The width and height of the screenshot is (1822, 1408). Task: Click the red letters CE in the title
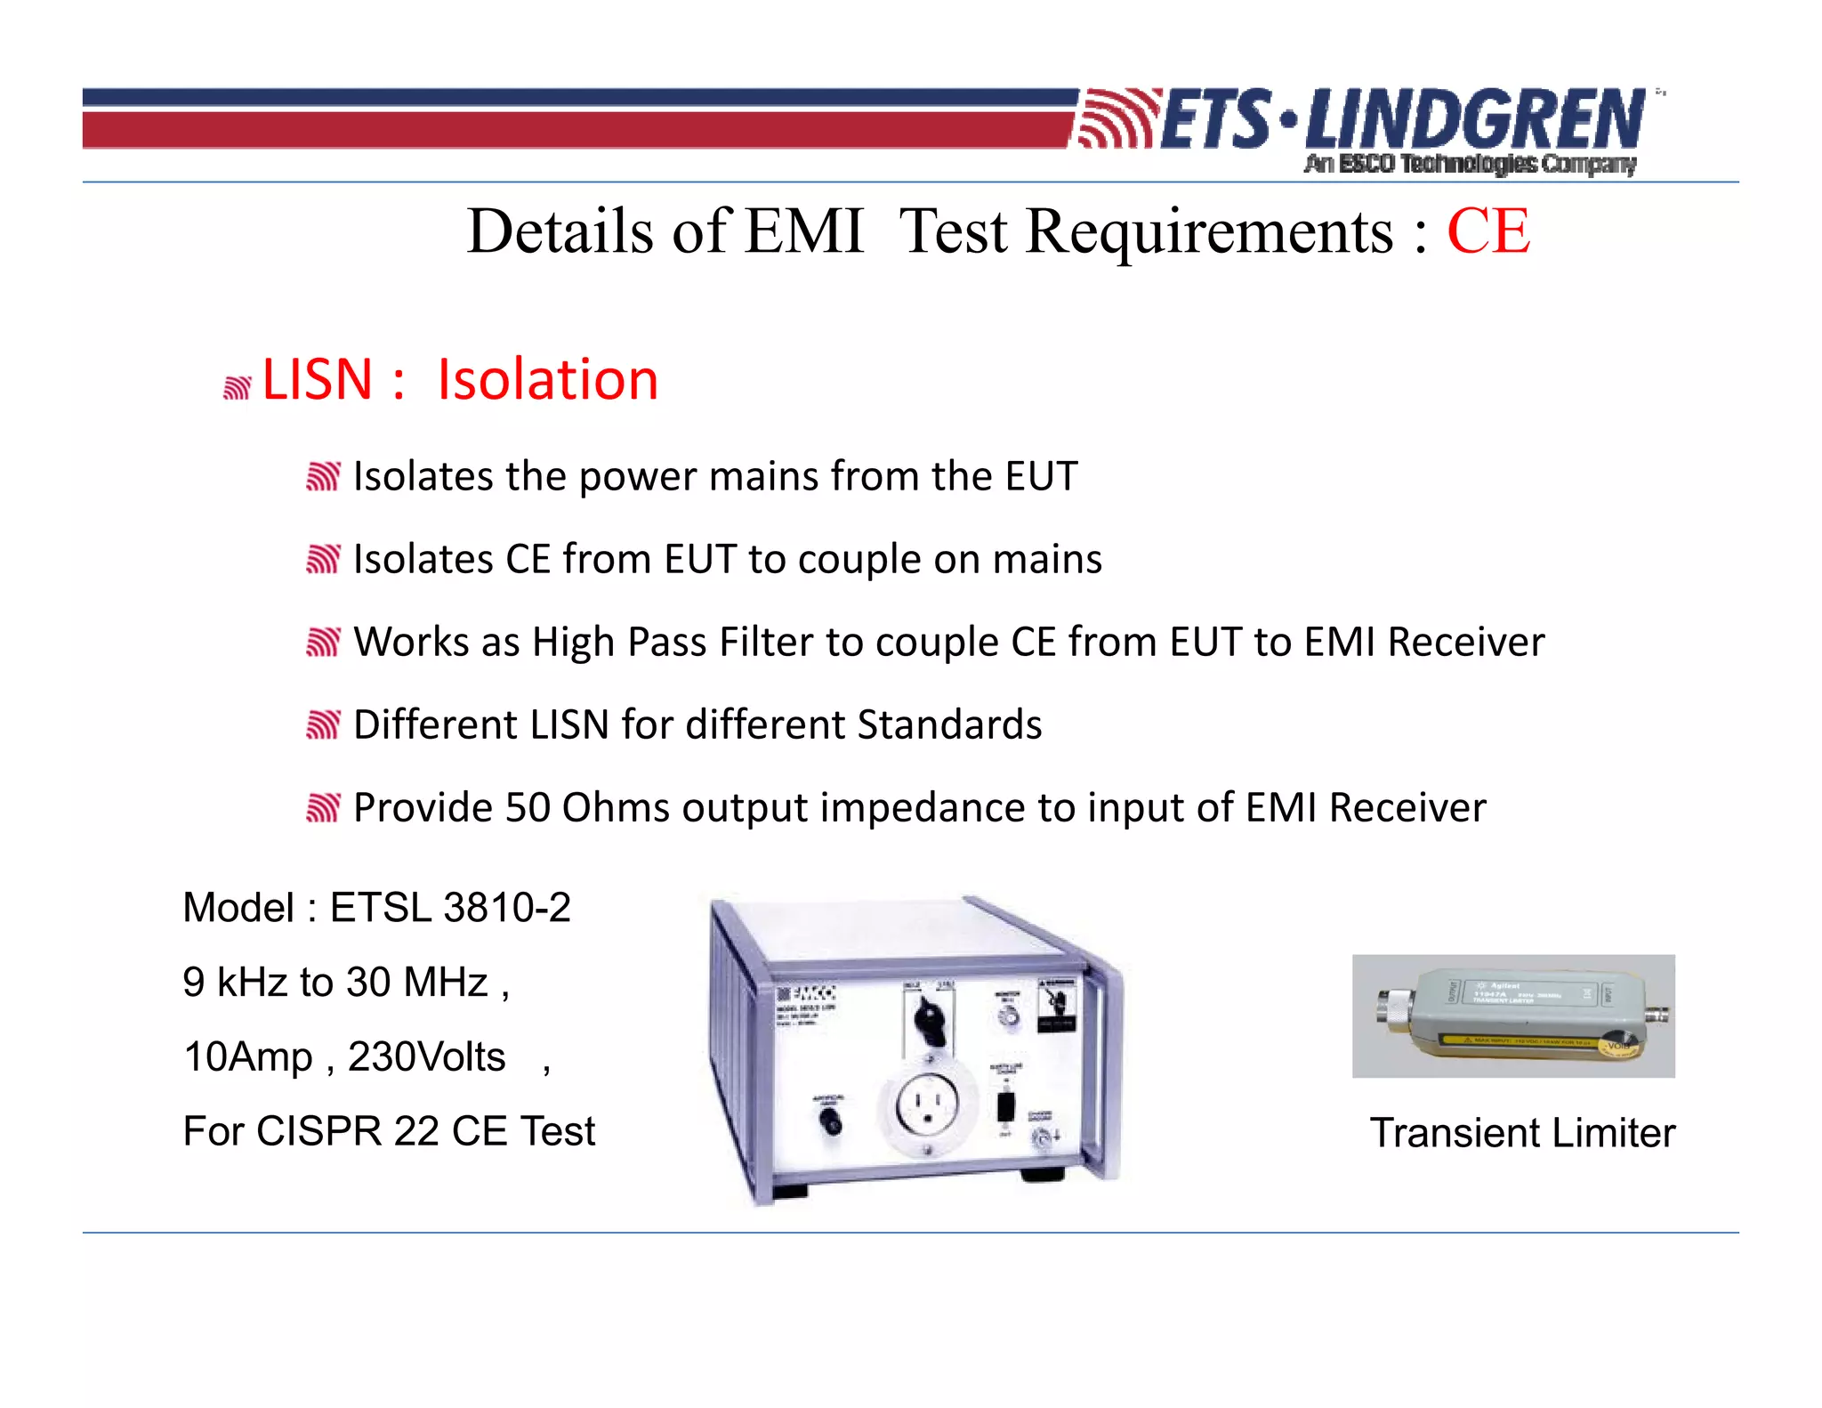point(1488,231)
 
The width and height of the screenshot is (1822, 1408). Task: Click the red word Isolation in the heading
point(547,379)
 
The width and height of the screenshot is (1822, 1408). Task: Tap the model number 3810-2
point(507,908)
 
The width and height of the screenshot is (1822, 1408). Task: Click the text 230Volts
point(426,1057)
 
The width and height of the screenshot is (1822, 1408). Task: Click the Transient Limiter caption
point(1522,1133)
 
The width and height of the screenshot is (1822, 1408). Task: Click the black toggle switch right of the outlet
point(1005,1106)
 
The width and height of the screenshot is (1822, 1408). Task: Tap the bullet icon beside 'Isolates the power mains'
point(323,477)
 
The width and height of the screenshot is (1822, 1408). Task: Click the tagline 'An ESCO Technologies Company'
point(1470,164)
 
